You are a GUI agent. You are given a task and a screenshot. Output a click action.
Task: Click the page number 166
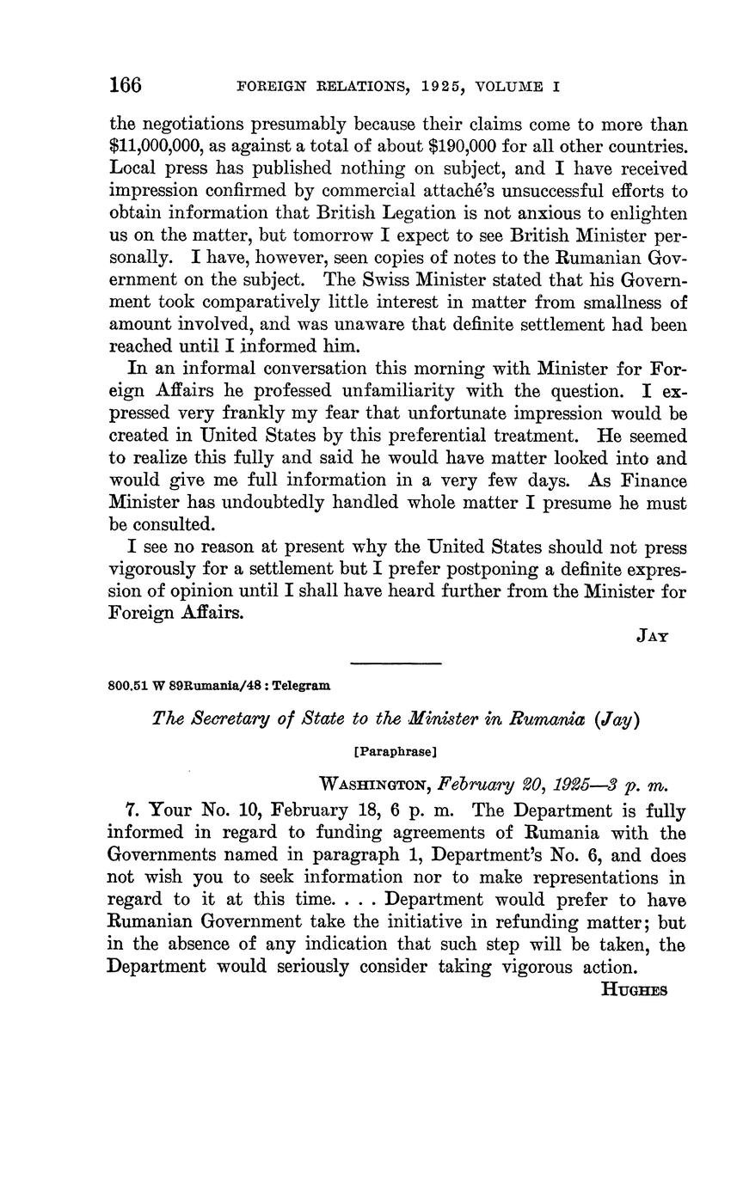(x=126, y=85)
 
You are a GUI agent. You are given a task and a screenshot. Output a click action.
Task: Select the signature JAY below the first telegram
(x=653, y=636)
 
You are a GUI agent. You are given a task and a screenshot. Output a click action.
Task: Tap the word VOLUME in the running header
(x=509, y=87)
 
